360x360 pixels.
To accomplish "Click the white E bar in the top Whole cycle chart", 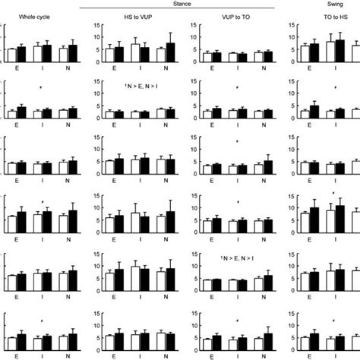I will (x=11, y=55).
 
